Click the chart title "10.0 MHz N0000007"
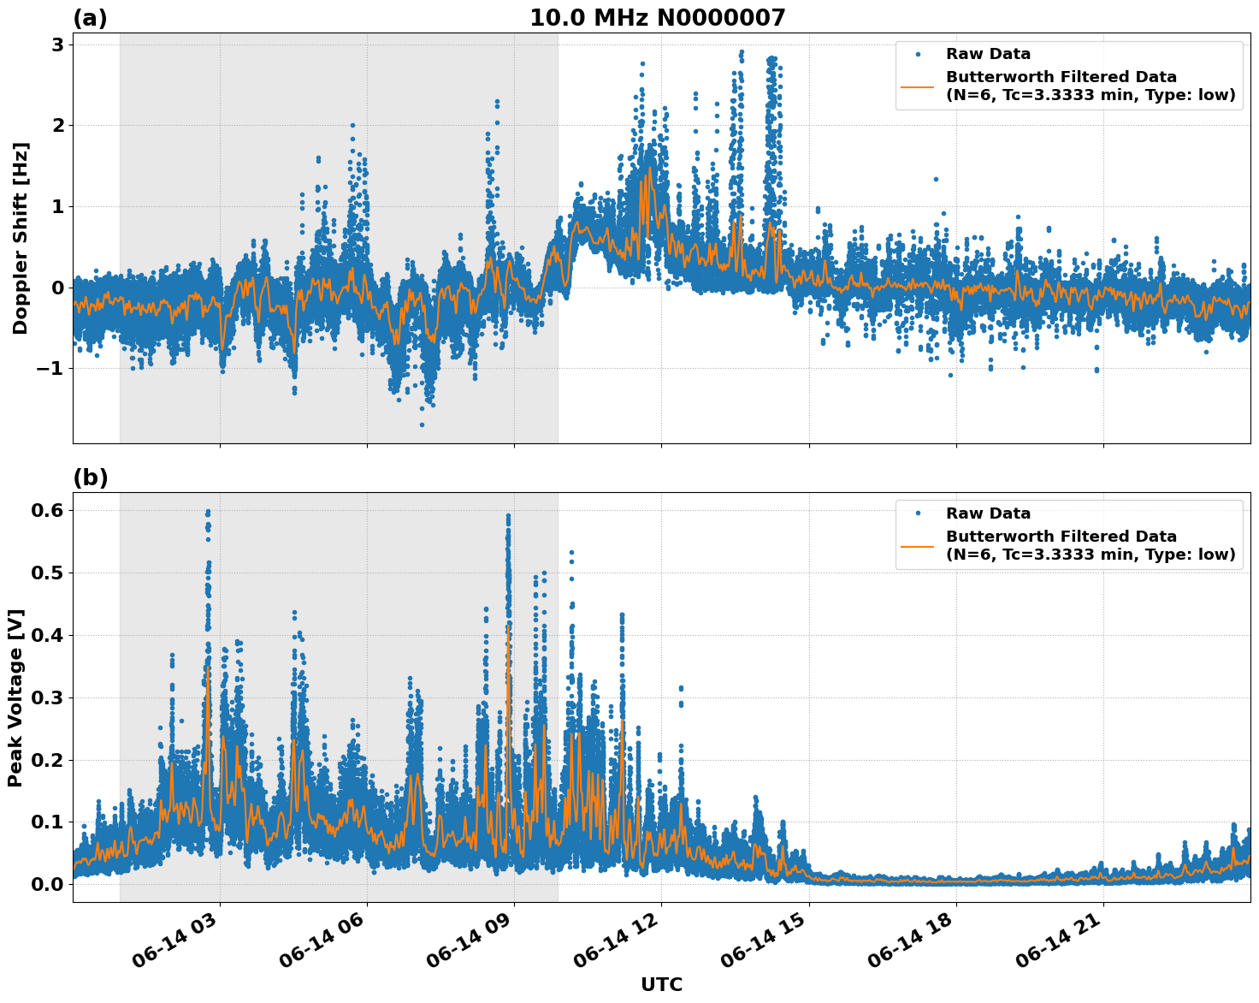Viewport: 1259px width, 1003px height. coord(657,18)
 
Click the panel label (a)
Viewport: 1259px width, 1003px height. coord(90,18)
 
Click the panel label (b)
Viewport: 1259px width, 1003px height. coord(90,478)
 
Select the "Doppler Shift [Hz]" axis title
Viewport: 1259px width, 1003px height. coord(21,239)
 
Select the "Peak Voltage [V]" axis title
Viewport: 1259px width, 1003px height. coord(15,697)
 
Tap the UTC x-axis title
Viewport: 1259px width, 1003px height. coord(661,984)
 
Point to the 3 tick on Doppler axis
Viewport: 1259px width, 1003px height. coord(58,45)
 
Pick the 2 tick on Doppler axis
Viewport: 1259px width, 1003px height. coord(58,126)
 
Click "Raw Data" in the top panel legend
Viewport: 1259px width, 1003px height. coord(988,55)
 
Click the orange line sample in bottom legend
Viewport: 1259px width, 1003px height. coord(918,546)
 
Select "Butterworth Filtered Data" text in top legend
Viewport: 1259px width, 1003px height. coord(1061,77)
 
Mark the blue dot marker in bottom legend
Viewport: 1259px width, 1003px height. coord(918,513)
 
